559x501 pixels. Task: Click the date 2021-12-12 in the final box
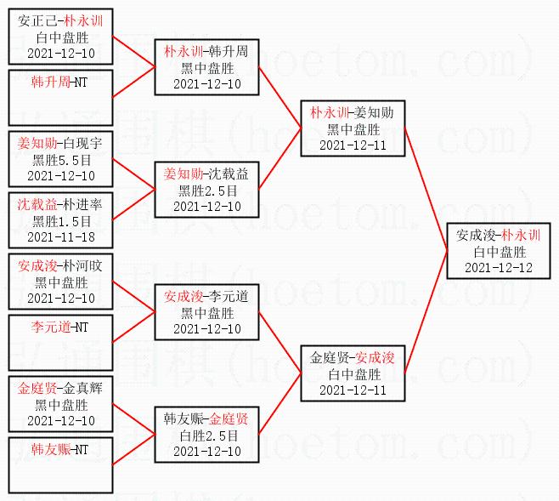click(499, 267)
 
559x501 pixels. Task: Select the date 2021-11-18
click(60, 236)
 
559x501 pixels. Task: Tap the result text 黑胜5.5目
click(60, 160)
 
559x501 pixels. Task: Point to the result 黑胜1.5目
click(60, 220)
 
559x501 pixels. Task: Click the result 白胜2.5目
click(207, 435)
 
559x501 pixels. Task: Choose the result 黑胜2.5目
click(207, 190)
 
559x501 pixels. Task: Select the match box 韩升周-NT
click(60, 97)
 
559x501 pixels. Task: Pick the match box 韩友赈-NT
click(60, 464)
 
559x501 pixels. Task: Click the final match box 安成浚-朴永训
click(499, 251)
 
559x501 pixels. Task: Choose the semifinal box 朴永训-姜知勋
click(352, 128)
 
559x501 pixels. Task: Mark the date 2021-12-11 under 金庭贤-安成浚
click(352, 390)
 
